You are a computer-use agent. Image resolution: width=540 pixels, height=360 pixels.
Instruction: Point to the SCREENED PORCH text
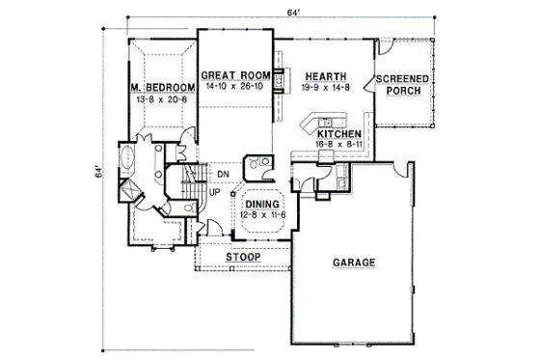[402, 86]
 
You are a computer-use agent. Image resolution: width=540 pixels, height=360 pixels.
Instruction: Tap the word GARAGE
[354, 263]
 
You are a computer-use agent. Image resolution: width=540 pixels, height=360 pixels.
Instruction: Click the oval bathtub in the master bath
[126, 157]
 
